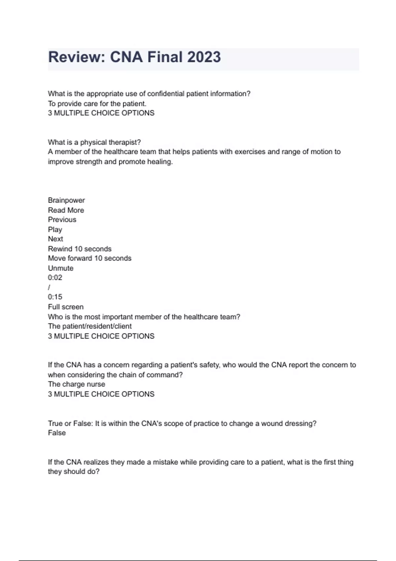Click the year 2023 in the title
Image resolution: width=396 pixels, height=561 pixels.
click(x=204, y=57)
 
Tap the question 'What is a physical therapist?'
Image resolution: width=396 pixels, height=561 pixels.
click(x=94, y=142)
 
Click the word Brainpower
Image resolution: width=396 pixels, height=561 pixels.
click(x=66, y=200)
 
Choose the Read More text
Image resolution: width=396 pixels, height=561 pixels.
click(x=66, y=210)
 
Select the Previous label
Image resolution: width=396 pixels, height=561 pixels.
click(x=62, y=220)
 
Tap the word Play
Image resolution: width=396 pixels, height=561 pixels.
click(x=55, y=229)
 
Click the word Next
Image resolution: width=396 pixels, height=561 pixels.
click(x=55, y=239)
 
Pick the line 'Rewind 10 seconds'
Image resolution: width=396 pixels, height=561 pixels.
click(x=80, y=249)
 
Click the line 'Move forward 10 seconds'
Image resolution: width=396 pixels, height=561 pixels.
click(x=90, y=258)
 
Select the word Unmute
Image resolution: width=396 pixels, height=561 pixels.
click(x=61, y=268)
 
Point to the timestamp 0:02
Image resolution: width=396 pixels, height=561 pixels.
click(x=55, y=278)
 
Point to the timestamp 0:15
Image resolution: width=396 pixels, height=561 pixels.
click(x=55, y=297)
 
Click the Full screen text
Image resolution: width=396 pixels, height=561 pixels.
click(x=66, y=307)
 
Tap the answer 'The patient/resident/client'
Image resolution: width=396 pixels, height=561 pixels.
click(x=90, y=326)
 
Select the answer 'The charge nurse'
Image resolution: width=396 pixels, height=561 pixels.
click(x=77, y=384)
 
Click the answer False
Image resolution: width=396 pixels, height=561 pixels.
click(x=57, y=433)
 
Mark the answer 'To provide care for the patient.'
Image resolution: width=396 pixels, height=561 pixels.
click(x=97, y=104)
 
